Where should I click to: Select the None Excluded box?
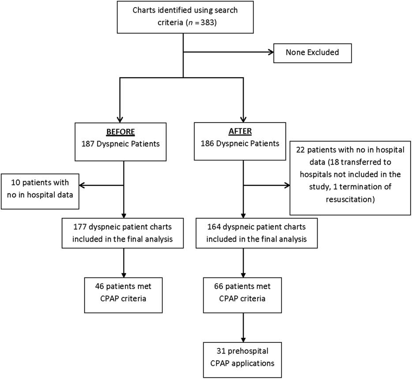312,53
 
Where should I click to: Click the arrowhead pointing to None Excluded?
269,53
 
